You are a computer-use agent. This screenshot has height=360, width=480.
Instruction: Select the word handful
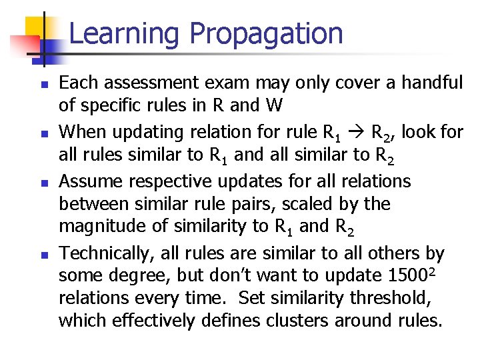coord(431,83)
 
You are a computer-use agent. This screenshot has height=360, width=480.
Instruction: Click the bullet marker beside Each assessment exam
coord(42,85)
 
